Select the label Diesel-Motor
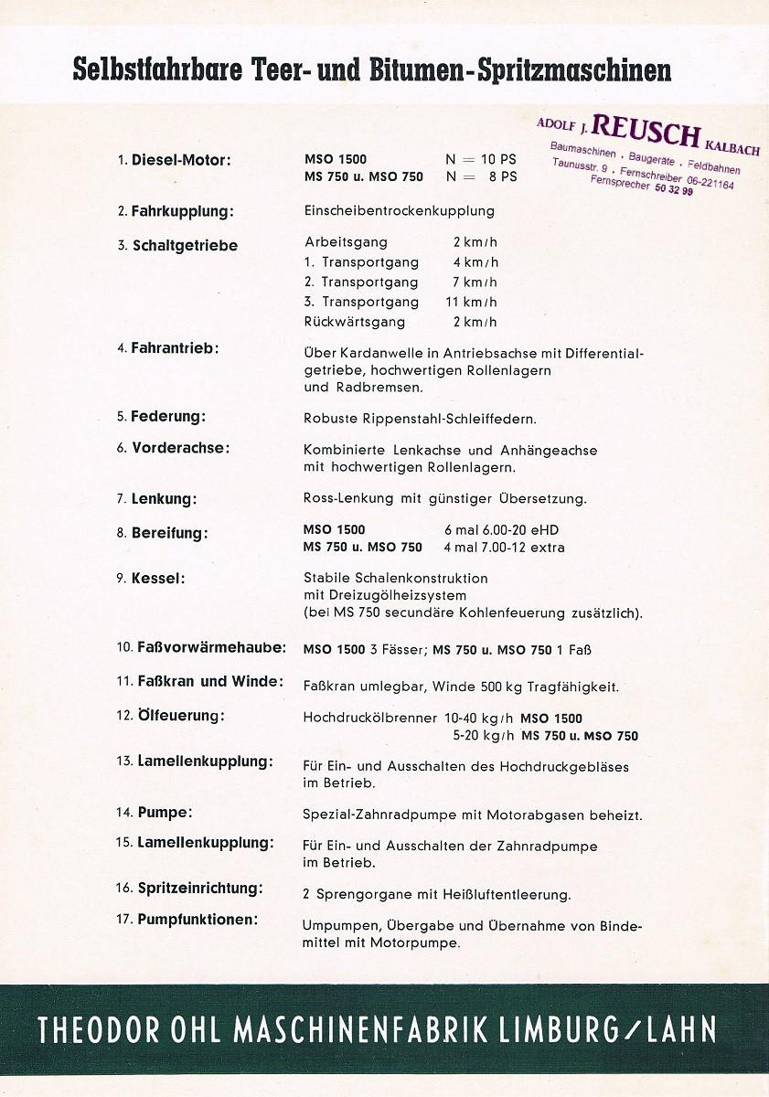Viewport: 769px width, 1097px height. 181,160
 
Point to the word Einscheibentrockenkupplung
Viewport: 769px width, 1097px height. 399,211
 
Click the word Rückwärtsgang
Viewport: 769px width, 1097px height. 354,322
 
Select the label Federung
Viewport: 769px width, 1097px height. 168,416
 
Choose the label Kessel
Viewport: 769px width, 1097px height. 158,579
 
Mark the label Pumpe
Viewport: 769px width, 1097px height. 165,812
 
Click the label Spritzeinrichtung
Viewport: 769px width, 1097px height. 200,888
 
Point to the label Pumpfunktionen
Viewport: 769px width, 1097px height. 198,919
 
